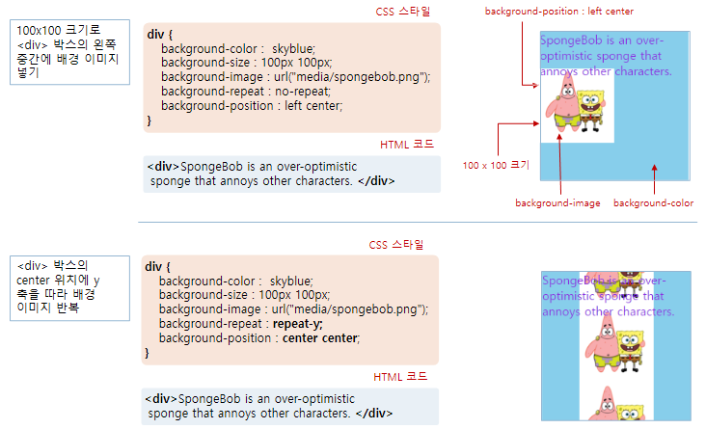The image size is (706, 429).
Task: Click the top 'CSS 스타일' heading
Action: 403,12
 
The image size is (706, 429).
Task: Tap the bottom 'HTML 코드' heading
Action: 399,377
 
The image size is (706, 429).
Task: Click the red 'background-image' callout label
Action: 557,203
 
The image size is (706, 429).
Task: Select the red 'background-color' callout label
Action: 653,203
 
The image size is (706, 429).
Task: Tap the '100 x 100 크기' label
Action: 496,165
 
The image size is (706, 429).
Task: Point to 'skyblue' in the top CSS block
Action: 294,48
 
